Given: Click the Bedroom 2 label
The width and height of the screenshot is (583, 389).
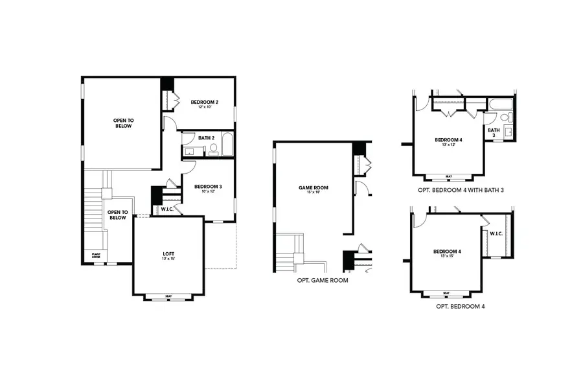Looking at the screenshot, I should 204,102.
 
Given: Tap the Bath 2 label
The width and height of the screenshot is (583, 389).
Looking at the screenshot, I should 206,137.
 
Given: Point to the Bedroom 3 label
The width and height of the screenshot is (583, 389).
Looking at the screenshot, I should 209,187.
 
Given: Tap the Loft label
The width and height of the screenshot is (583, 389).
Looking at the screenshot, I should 168,253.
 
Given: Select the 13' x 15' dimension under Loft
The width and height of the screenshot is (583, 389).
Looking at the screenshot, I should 168,259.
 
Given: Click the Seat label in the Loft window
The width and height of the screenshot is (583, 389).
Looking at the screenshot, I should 168,297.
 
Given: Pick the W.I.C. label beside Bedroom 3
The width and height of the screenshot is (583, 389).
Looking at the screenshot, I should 166,209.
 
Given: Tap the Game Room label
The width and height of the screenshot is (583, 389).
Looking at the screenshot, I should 314,187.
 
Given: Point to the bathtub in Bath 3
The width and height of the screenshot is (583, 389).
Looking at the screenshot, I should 501,104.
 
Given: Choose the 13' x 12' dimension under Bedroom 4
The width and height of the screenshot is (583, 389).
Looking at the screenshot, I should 448,145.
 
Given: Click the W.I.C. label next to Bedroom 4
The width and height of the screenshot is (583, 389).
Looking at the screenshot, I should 496,233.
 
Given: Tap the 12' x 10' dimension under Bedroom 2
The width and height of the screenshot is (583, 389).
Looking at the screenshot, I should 204,107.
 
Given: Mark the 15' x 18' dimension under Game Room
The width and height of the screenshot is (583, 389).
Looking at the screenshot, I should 314,193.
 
